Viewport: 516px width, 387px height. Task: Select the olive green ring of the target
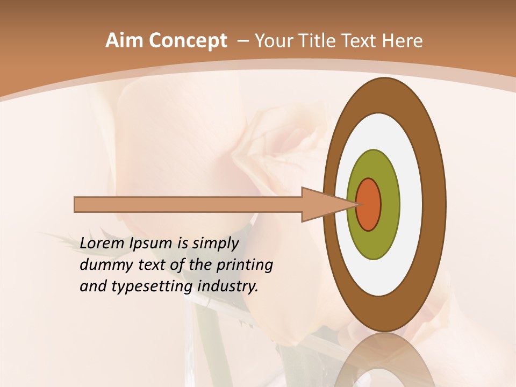point(374,245)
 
